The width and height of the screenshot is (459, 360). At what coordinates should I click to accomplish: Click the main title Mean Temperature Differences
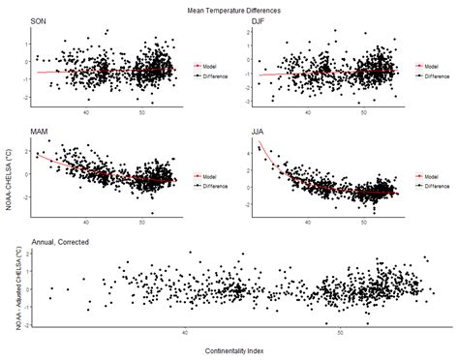[x=229, y=8]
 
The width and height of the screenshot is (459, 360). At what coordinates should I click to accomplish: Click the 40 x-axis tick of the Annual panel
[x=185, y=332]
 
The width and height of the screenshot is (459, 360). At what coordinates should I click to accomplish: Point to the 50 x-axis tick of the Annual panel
[x=340, y=332]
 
